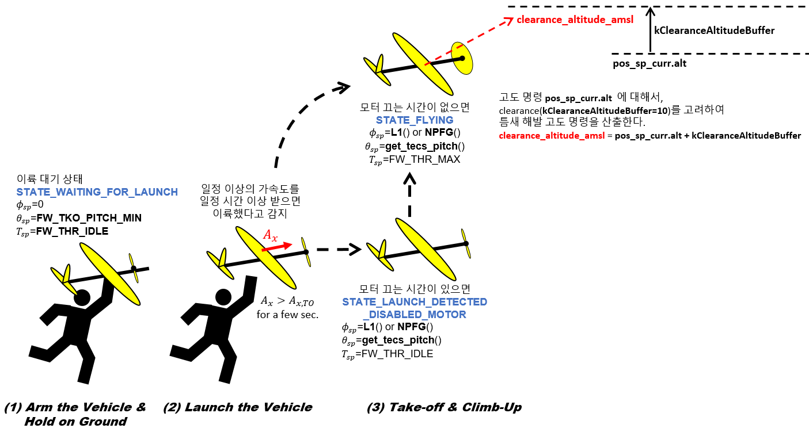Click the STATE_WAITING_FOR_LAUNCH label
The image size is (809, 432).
point(97,192)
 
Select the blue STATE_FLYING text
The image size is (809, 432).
point(414,120)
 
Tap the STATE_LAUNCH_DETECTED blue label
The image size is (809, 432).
point(415,302)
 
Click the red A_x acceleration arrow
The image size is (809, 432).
point(277,246)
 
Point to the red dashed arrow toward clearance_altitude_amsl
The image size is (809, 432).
point(469,41)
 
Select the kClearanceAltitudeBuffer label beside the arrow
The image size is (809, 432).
point(714,30)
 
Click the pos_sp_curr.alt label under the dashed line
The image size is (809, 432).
point(650,63)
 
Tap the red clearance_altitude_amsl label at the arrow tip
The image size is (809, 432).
point(575,20)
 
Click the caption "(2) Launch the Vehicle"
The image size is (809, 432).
point(237,407)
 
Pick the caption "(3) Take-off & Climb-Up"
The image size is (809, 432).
point(444,407)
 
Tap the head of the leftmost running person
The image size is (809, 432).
point(81,298)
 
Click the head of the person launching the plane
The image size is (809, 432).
point(223,297)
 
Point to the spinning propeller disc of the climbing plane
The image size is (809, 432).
point(462,58)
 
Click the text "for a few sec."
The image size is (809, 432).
point(287,315)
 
